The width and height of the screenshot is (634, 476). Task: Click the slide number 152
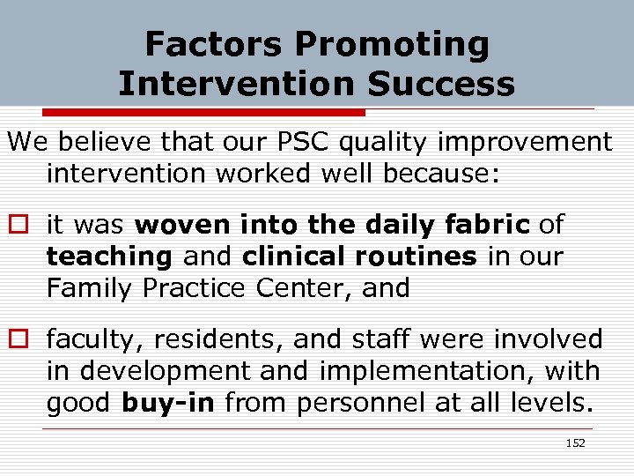tap(575, 443)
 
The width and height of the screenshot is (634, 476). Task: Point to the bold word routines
tap(417, 256)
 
